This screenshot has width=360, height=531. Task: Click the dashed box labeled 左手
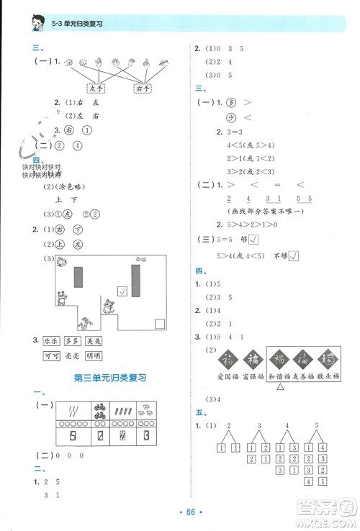94,88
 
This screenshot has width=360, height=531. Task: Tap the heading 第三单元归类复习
111,377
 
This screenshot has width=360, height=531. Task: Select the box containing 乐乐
50,342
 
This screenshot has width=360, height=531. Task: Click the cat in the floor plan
109,306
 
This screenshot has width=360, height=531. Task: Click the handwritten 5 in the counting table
73,436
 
